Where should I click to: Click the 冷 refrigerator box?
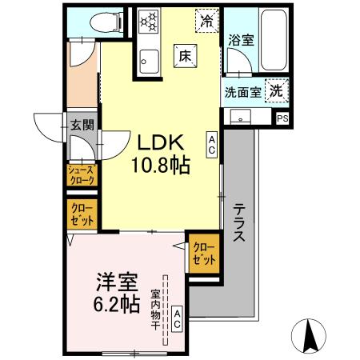pyautogui.click(x=206, y=20)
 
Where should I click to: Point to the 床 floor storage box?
pyautogui.click(x=183, y=56)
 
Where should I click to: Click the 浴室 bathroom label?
pyautogui.click(x=241, y=40)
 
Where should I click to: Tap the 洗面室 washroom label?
pyautogui.click(x=242, y=91)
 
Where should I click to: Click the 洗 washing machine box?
pyautogui.click(x=275, y=90)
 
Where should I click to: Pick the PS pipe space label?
pyautogui.click(x=282, y=118)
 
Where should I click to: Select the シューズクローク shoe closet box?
pyautogui.click(x=80, y=175)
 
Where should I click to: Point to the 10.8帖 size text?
pyautogui.click(x=159, y=167)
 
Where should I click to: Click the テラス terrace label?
pyautogui.click(x=238, y=224)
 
